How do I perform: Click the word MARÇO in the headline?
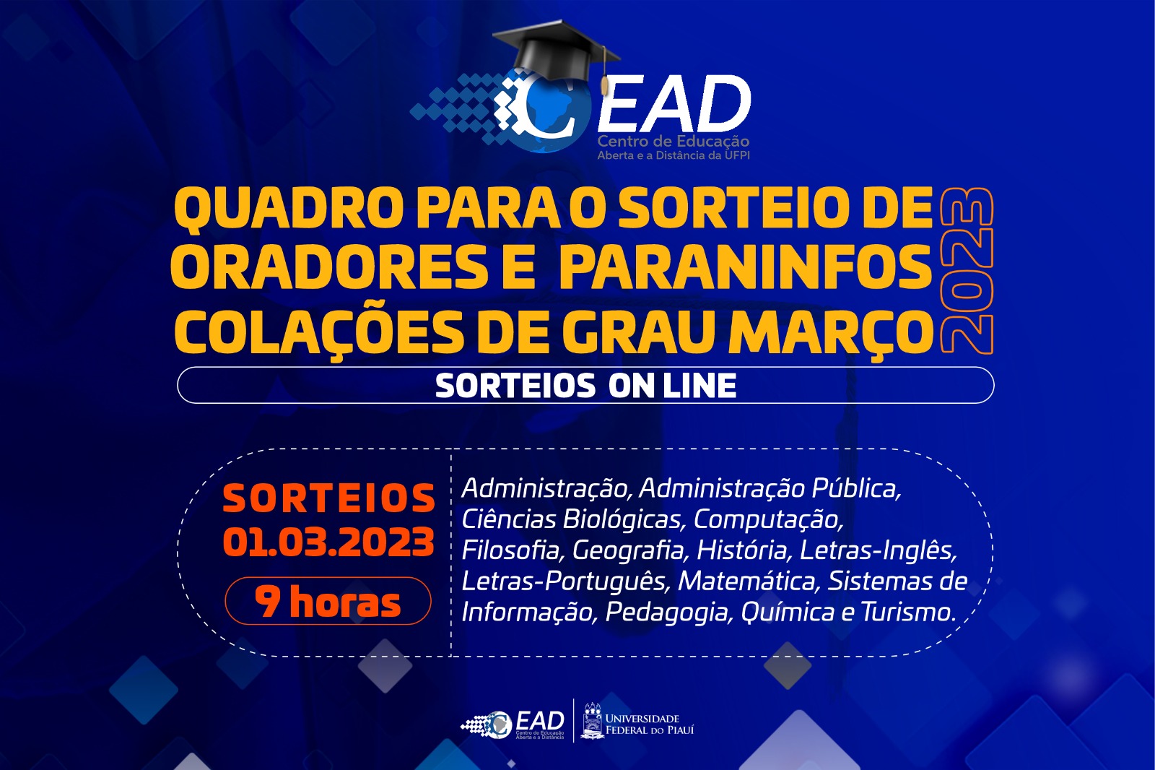tap(831, 333)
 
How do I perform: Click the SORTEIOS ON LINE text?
tap(585, 386)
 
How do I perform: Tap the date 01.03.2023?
tap(328, 542)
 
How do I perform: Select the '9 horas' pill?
tap(328, 601)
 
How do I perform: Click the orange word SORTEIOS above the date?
tap(328, 498)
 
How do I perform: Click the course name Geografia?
tap(628, 550)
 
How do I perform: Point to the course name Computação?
tap(767, 519)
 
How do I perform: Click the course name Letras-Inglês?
tap(878, 550)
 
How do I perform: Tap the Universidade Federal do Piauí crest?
tap(593, 720)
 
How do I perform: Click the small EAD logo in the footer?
tap(513, 723)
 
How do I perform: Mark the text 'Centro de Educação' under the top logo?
tap(673, 142)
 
